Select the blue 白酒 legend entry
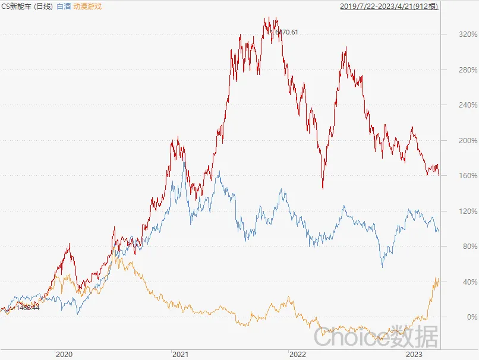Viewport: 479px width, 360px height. (x=64, y=7)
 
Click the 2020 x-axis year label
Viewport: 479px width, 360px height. (x=64, y=354)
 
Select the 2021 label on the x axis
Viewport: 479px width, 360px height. (x=180, y=354)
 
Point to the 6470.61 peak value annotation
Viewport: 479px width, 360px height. (x=286, y=32)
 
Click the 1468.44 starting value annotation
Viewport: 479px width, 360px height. (x=28, y=308)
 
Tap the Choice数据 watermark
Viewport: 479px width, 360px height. (x=376, y=337)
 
